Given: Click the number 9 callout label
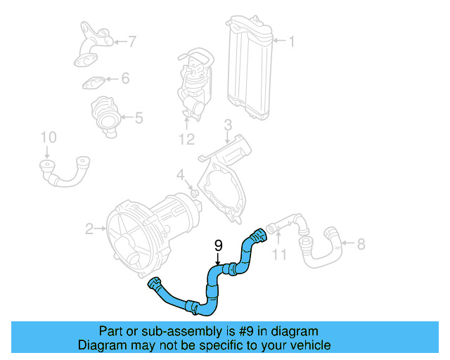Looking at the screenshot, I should point(218,245).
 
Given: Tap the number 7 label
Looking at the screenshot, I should point(131,42).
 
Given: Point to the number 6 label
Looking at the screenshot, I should point(125,79).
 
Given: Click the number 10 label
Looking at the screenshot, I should point(47,136).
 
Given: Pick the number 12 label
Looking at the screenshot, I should point(186,139).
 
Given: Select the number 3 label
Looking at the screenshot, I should point(228,126).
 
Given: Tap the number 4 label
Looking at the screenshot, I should point(181,174).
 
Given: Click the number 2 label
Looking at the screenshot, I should point(89,229).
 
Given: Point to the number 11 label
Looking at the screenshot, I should point(279,253).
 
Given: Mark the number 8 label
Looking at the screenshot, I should point(361,244).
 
